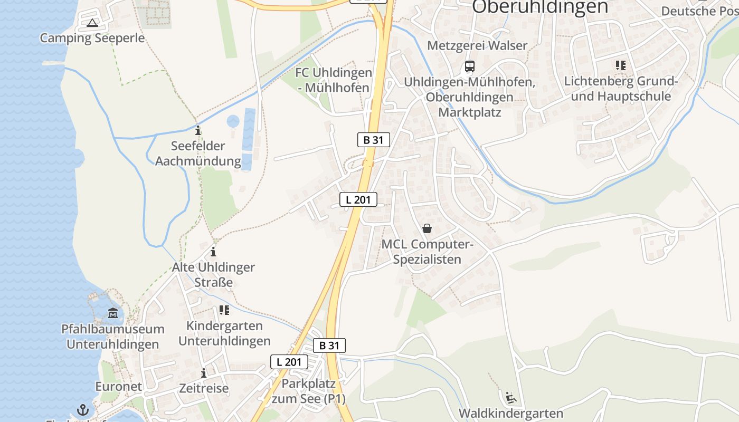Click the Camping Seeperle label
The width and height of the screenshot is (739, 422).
coord(92,38)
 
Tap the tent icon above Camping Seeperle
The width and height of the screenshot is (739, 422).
coord(92,23)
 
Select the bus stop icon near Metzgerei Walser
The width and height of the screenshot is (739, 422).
coord(469,66)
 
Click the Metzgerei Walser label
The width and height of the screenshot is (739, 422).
coord(477,45)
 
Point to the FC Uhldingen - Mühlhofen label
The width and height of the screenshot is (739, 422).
coord(334,80)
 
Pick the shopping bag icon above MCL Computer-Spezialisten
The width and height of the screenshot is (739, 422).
coord(427,228)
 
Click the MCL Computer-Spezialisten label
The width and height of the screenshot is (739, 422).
coord(428,252)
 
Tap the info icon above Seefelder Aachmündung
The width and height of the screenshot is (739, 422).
coord(198,130)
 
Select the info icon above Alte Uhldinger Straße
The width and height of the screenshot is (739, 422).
coord(213,252)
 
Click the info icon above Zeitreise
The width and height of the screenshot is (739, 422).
coord(204,373)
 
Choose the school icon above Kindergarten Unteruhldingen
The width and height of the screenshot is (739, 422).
coord(224,310)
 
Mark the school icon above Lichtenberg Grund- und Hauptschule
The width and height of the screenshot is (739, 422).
coord(620,65)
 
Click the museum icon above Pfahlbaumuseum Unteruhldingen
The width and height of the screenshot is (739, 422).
coord(113,313)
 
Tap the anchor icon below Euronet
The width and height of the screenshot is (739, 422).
coord(83,409)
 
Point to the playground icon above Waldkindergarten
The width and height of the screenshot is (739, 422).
coord(510,397)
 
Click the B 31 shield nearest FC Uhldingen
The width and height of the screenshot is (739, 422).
coord(373,140)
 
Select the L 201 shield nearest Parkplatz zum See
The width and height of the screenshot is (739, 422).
coord(289,362)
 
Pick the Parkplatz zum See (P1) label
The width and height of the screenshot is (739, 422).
coord(308,391)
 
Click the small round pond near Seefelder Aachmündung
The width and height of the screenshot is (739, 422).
coord(233,121)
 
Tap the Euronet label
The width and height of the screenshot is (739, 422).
coord(118,386)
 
